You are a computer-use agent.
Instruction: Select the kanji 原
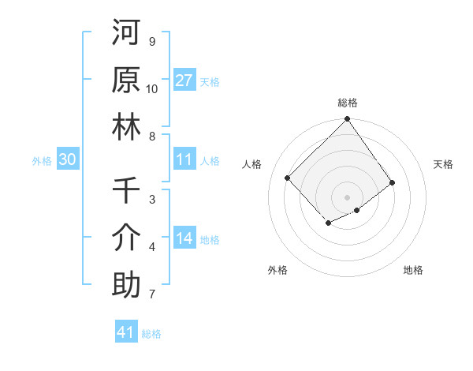126,80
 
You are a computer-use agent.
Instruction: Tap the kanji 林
126,127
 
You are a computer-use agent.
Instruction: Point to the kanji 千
126,190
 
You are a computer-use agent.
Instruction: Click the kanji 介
126,238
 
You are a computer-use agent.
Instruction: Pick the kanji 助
126,285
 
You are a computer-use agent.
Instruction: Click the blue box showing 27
184,81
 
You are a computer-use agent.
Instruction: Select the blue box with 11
184,159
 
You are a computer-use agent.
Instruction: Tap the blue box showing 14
184,238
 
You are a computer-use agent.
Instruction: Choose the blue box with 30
68,159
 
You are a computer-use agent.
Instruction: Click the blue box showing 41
126,332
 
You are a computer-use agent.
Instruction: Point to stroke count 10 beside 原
152,88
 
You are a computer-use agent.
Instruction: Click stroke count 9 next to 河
151,41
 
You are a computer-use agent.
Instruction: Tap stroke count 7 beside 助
151,294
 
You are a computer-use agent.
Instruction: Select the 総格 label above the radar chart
347,103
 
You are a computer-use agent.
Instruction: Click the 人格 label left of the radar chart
252,164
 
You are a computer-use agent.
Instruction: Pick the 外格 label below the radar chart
277,270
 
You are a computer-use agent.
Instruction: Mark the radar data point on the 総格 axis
347,120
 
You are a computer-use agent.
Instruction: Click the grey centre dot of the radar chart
347,196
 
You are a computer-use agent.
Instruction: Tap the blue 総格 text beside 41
151,334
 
